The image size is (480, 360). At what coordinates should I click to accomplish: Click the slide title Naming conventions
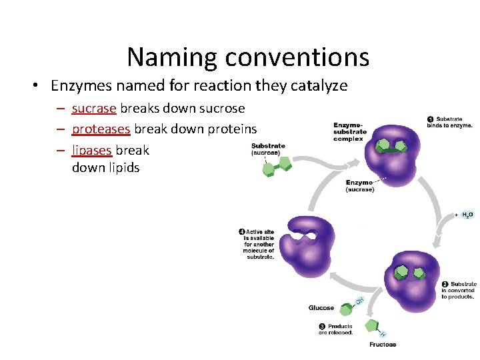[248, 57]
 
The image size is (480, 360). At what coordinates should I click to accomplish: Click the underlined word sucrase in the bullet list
[94, 108]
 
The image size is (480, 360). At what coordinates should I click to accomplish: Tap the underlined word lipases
[92, 150]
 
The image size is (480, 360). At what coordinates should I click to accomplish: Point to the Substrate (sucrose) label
[268, 149]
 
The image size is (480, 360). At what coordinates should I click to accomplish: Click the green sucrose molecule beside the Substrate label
[276, 167]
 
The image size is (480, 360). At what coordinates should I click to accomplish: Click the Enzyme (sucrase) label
[360, 186]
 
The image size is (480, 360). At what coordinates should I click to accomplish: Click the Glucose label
[321, 308]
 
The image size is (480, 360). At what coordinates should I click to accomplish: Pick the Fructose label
[383, 345]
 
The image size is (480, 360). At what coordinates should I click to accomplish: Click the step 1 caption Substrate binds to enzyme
[451, 122]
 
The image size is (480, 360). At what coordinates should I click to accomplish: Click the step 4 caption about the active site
[257, 244]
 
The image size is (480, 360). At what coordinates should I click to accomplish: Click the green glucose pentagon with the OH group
[346, 309]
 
